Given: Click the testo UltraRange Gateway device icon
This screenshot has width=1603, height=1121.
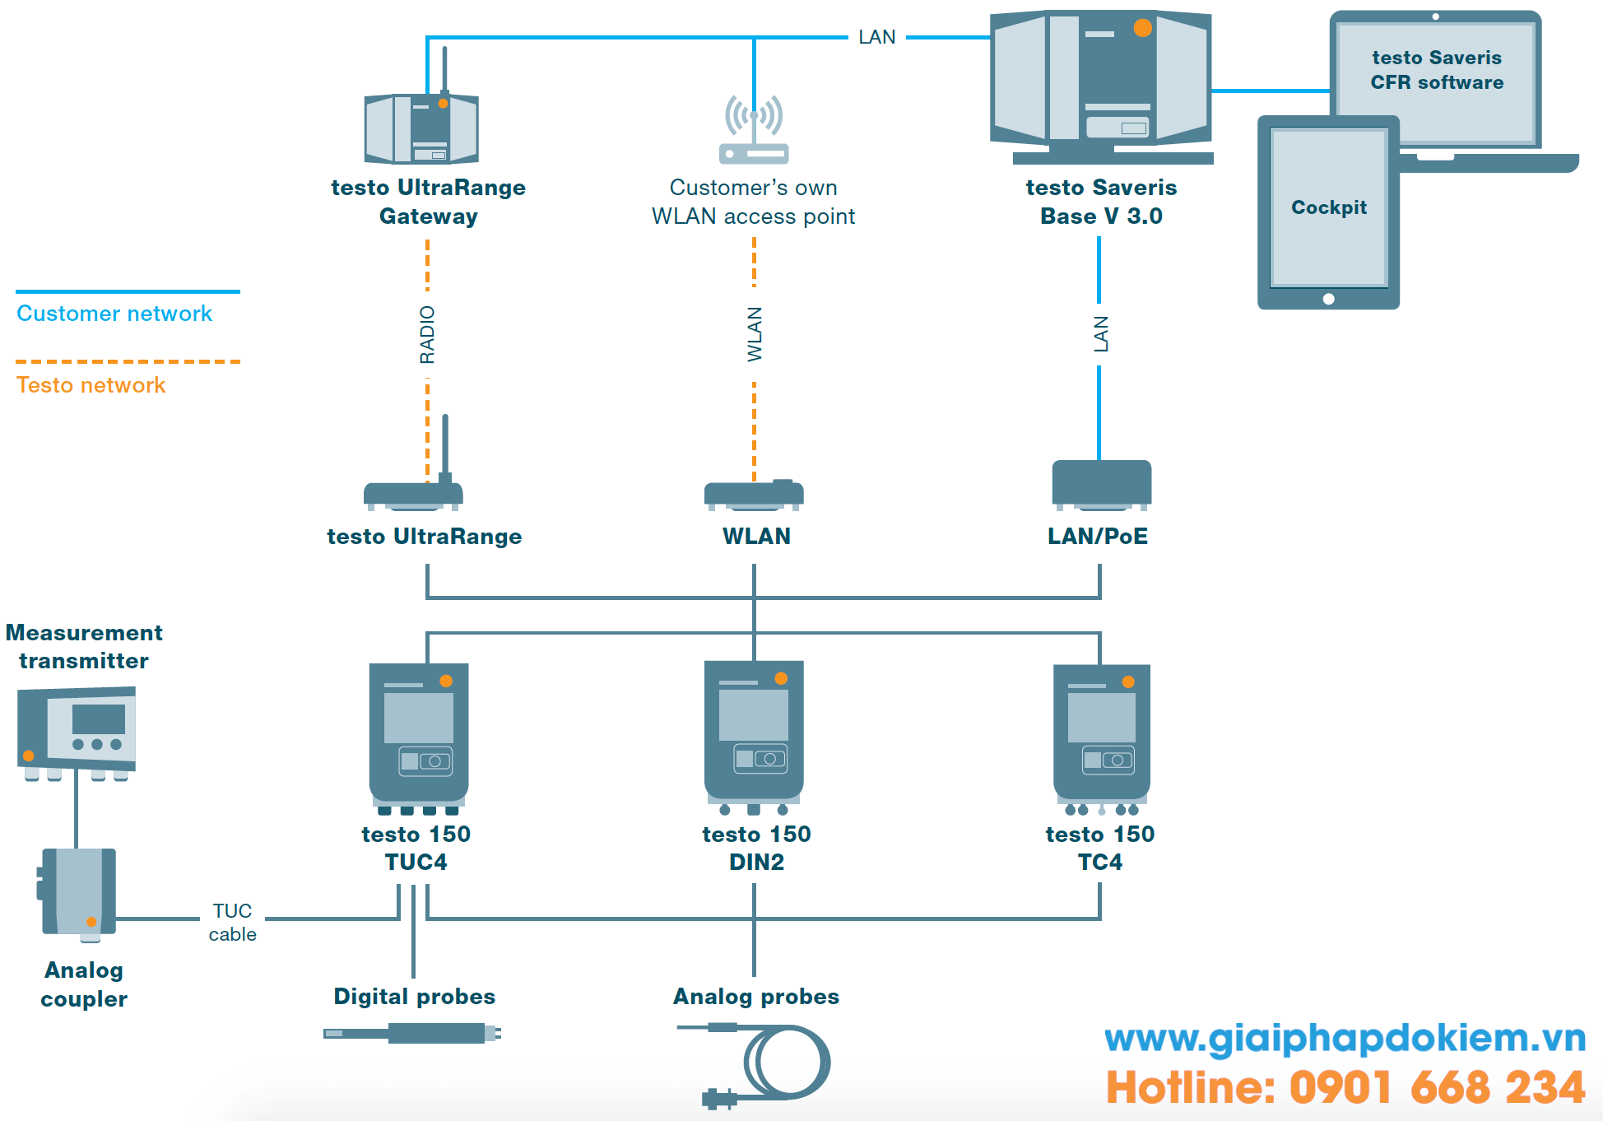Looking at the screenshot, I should click(x=421, y=128).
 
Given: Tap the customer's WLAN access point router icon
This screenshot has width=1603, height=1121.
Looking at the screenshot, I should click(x=753, y=132).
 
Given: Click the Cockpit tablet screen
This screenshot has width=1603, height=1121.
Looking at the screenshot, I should click(x=1328, y=207).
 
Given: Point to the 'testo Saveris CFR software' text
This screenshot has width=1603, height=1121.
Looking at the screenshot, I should click(x=1436, y=70).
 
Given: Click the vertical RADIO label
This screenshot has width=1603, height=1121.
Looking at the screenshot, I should click(x=427, y=334).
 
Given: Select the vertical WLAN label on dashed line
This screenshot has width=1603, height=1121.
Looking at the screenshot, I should click(x=755, y=334).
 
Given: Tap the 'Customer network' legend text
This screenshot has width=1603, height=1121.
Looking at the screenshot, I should click(x=114, y=314).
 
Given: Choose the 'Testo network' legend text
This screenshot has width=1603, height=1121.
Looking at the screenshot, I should click(x=91, y=385).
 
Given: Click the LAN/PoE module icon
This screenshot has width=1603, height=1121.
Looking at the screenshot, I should click(x=1101, y=484).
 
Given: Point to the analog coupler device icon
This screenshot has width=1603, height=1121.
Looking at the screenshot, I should click(x=79, y=893).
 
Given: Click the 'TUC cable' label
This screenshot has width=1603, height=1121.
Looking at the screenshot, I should click(x=232, y=922).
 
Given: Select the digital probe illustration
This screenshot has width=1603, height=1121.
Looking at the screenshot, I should click(x=412, y=1033).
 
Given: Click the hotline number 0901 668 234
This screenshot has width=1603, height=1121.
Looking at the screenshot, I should click(x=1436, y=1087).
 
